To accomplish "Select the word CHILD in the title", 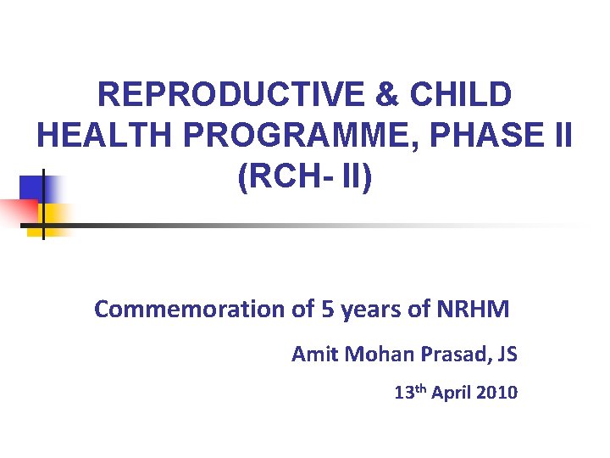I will [x=461, y=95].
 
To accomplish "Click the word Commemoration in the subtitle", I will [x=190, y=310].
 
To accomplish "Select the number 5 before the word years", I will [x=326, y=310].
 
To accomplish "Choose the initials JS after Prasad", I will [x=505, y=354].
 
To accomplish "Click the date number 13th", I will [x=409, y=393].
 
